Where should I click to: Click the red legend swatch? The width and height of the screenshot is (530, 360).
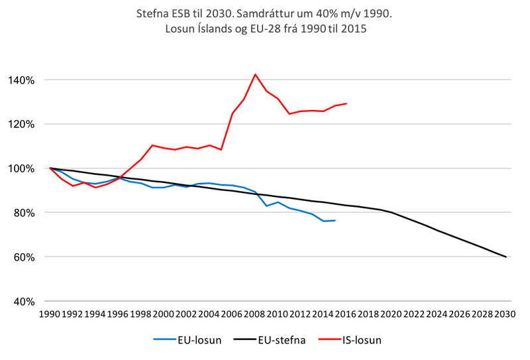(329, 339)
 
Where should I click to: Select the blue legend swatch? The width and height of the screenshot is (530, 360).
(164, 339)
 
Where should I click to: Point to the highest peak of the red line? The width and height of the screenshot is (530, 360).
(255, 76)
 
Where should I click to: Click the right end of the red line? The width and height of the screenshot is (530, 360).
(346, 103)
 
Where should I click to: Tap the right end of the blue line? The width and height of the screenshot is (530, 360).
(335, 220)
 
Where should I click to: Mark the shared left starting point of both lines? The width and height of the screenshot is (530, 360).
(50, 168)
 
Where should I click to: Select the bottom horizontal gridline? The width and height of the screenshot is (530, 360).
(278, 301)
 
